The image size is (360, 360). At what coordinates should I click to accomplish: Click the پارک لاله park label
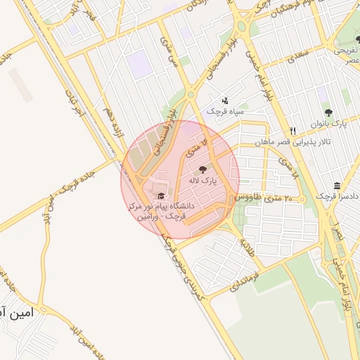coord(202,181)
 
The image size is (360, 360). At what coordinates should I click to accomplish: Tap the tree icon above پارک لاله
coord(203,169)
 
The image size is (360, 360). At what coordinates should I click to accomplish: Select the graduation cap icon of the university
coord(161,196)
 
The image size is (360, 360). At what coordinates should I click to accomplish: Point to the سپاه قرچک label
coord(225,111)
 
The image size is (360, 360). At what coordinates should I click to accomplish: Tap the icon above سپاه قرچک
coord(225,101)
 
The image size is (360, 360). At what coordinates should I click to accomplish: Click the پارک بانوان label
coord(328,124)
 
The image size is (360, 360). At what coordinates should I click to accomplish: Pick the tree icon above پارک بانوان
coord(328,112)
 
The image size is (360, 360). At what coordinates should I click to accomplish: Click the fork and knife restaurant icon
coord(292,131)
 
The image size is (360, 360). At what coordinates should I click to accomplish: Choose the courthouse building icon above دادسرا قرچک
coord(337,186)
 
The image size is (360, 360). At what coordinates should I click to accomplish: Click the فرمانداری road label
coord(264,270)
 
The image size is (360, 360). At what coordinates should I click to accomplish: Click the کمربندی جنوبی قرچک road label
coord(180,271)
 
